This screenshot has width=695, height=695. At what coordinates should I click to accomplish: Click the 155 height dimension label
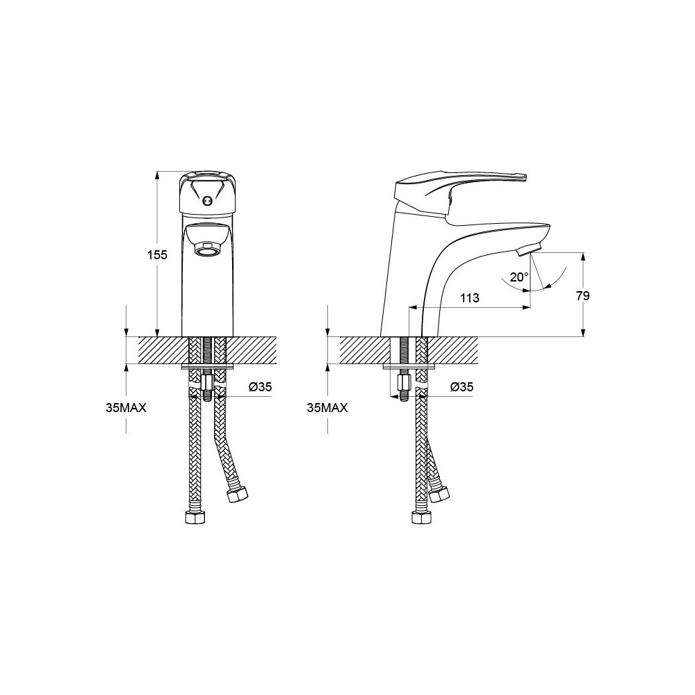click(157, 255)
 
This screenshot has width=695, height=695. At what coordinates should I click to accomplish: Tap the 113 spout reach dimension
click(469, 297)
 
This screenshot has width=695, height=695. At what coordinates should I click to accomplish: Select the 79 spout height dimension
click(583, 295)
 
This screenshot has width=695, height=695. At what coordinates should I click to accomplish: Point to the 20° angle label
click(519, 277)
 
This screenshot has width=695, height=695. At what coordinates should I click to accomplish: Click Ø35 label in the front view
click(260, 387)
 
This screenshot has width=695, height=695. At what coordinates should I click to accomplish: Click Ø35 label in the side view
click(462, 387)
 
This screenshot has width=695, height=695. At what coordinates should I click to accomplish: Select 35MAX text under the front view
click(126, 408)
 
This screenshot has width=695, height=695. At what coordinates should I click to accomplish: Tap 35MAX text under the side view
click(327, 408)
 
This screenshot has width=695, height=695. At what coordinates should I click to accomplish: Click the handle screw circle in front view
click(206, 202)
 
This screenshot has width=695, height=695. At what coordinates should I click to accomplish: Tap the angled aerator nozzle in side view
click(529, 249)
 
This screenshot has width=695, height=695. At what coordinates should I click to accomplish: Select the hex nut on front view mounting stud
click(206, 382)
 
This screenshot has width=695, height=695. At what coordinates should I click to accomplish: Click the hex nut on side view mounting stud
click(404, 382)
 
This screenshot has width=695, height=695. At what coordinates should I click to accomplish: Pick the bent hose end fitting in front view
click(237, 493)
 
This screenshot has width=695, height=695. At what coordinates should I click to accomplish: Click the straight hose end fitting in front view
click(195, 517)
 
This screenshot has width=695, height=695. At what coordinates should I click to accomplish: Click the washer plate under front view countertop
click(207, 366)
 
